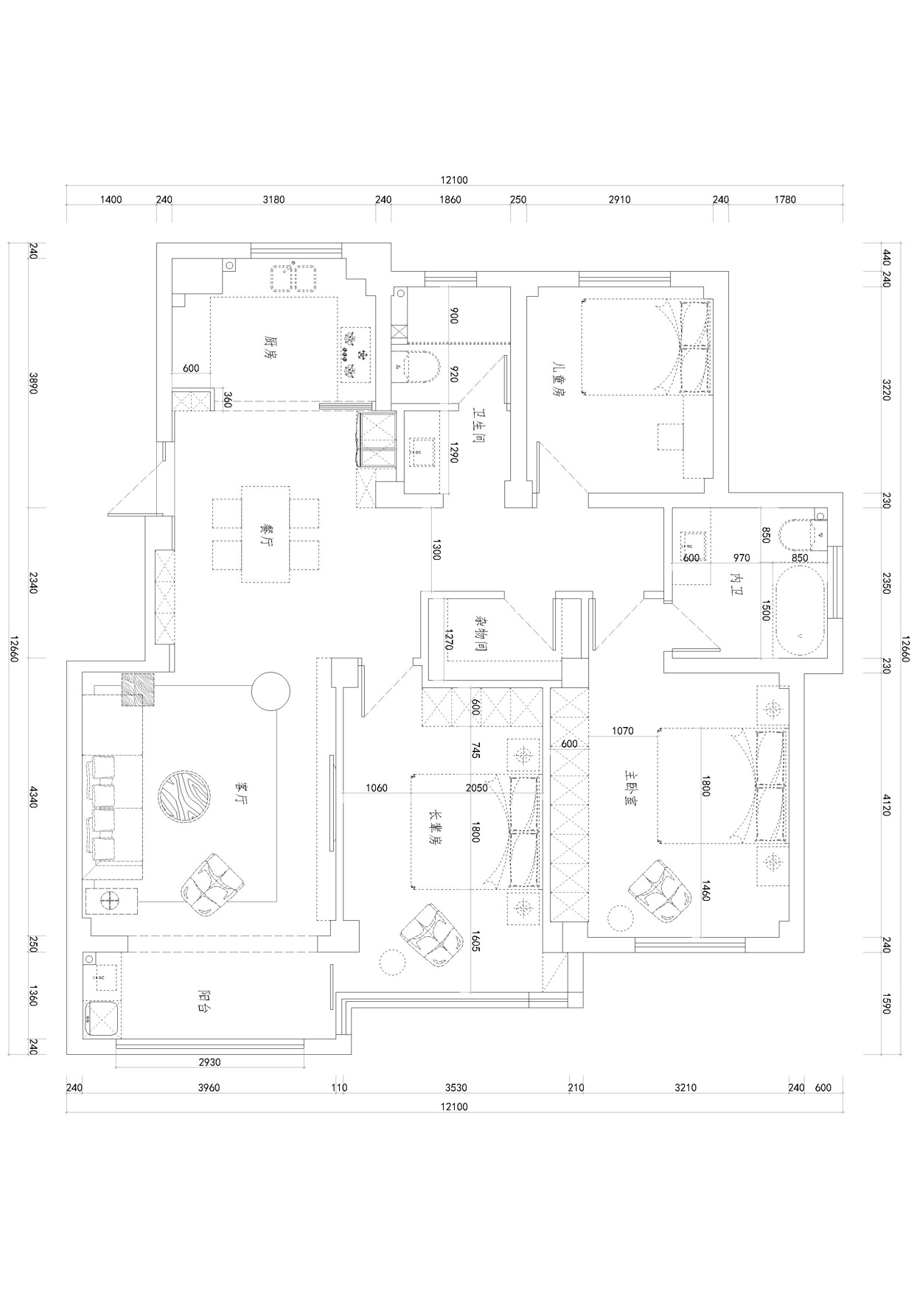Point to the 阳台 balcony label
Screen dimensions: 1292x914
tap(206, 1000)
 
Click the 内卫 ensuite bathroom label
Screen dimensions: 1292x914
tap(735, 583)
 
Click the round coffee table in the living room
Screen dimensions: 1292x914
tap(185, 797)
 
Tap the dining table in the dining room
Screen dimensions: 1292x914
tap(266, 534)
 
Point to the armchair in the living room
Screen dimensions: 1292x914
tap(212, 885)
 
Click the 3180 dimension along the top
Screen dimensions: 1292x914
tap(273, 200)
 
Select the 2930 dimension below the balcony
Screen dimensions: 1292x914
tap(210, 1062)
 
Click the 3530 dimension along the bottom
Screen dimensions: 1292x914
tap(457, 1087)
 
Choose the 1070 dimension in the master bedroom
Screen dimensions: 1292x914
tap(623, 731)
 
